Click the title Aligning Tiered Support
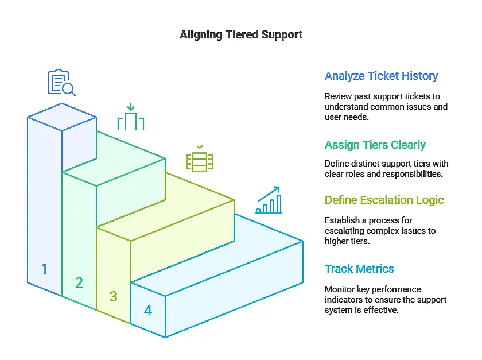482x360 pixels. click(241, 34)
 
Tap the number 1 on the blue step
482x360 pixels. click(45, 268)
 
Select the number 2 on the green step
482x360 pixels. click(79, 282)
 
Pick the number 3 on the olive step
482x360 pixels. click(114, 296)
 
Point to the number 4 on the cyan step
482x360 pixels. click(148, 311)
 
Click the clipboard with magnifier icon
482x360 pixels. click(61, 83)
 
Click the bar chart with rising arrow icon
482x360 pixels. click(269, 200)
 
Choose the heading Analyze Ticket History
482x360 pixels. click(381, 76)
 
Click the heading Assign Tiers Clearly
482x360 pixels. click(375, 145)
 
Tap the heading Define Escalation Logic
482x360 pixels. click(384, 200)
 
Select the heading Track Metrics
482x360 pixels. click(359, 269)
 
